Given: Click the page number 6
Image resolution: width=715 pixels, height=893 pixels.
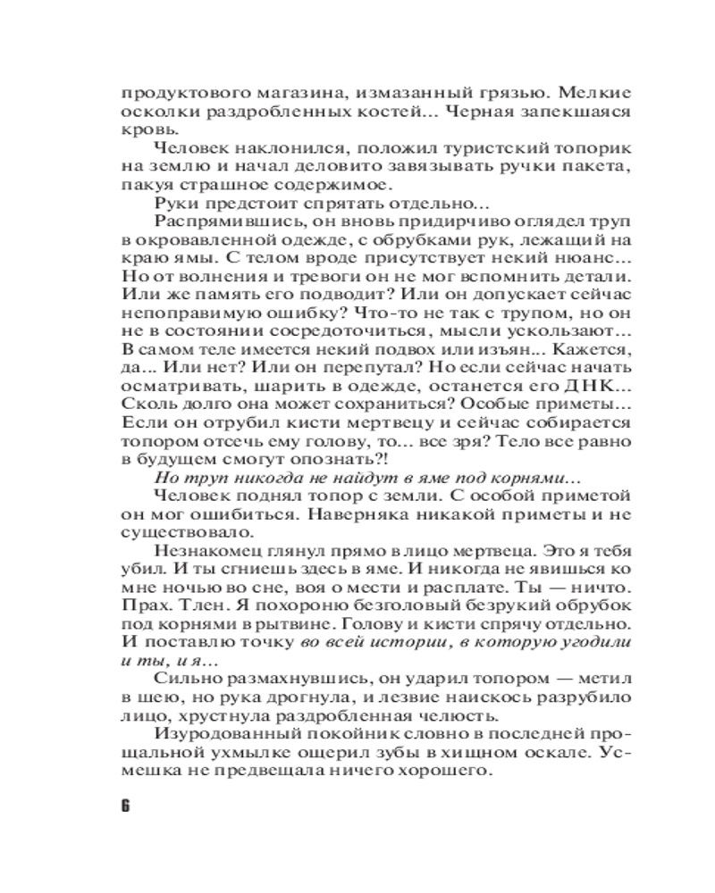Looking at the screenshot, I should (125, 805).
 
